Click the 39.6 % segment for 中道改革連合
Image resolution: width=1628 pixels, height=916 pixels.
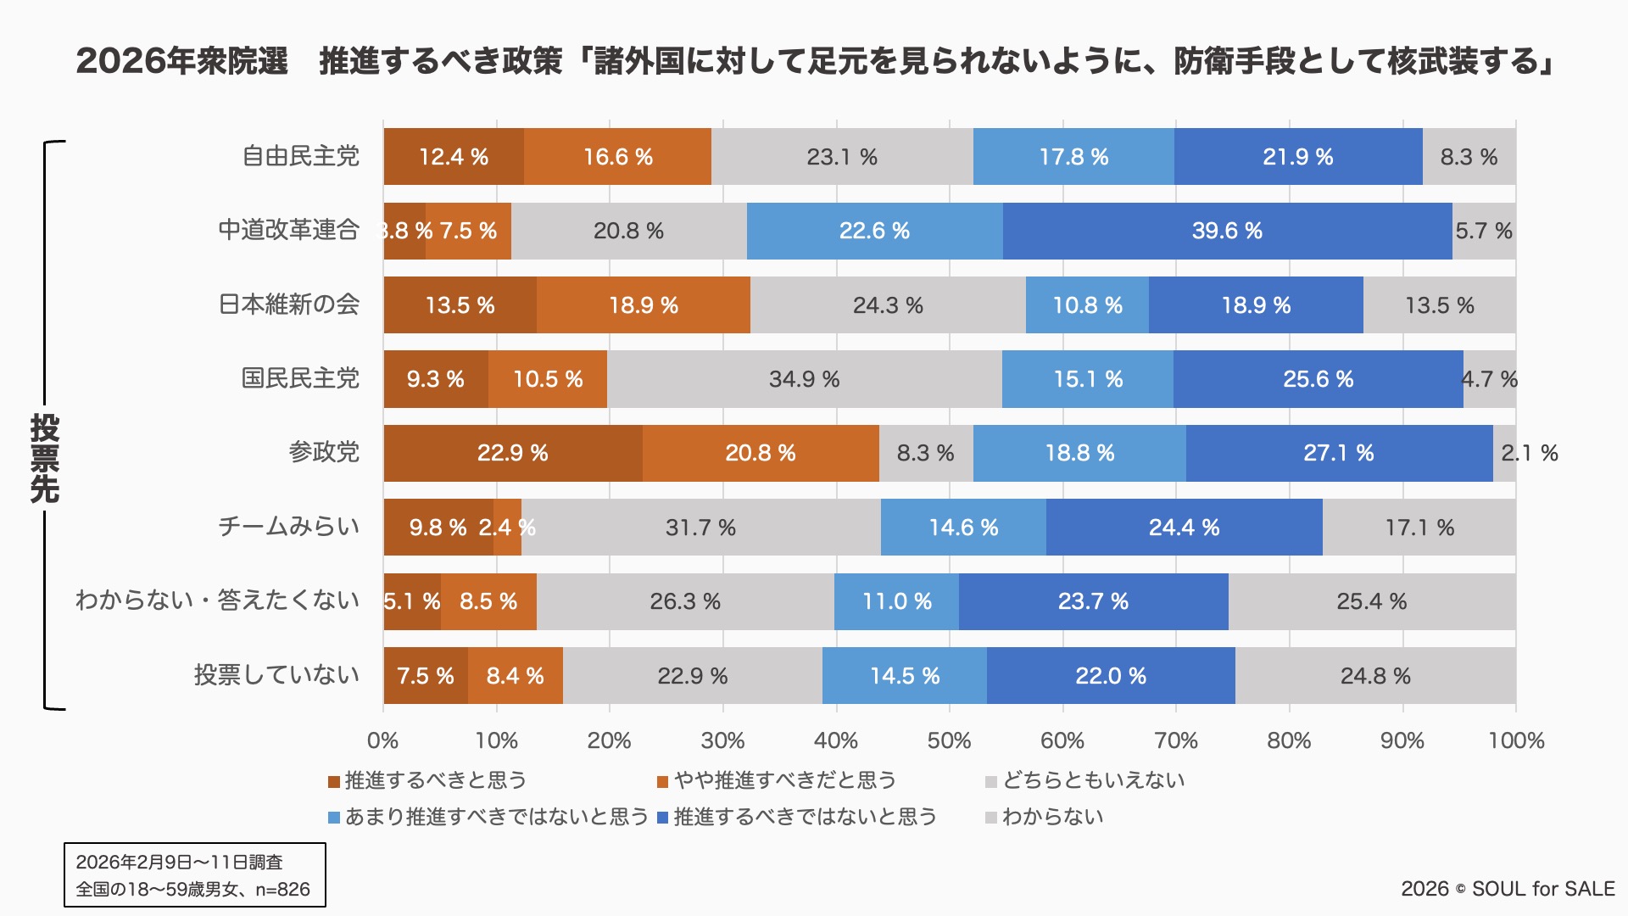(1227, 231)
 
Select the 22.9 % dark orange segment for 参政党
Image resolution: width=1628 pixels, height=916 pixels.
(512, 453)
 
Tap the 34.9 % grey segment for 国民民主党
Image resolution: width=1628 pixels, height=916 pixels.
(804, 379)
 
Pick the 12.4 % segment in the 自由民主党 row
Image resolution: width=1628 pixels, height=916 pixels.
(454, 157)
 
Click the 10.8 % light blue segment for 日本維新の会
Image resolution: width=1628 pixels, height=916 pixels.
(1087, 305)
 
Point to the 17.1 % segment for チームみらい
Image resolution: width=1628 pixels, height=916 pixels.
(1419, 528)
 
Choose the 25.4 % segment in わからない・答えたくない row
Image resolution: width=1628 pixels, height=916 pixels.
(1371, 601)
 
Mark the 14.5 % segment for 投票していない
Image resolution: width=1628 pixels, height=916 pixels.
(905, 676)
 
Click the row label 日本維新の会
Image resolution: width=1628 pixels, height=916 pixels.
(289, 304)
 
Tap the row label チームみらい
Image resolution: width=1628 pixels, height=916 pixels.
(289, 527)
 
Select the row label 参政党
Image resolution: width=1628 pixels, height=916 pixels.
(324, 452)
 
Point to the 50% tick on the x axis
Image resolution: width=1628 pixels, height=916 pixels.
(949, 740)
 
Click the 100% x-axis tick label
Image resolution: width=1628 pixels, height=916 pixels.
(1516, 740)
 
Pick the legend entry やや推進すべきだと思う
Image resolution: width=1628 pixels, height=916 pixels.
(784, 780)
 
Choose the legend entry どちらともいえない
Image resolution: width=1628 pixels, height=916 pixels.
(1093, 780)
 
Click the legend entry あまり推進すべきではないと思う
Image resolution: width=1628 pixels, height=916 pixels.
(496, 817)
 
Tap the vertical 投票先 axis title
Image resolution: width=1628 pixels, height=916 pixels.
(45, 458)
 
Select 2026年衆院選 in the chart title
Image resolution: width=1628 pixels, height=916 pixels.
(182, 61)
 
